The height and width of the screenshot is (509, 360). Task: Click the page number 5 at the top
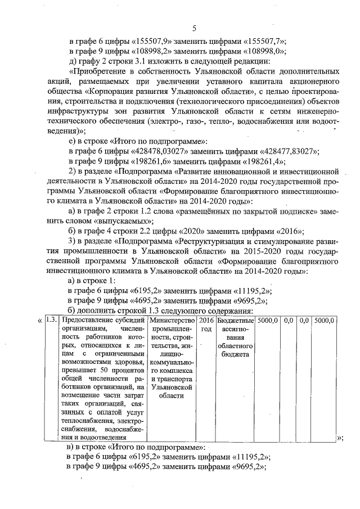(x=193, y=29)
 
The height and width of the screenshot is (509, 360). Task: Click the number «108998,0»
(x=264, y=51)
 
